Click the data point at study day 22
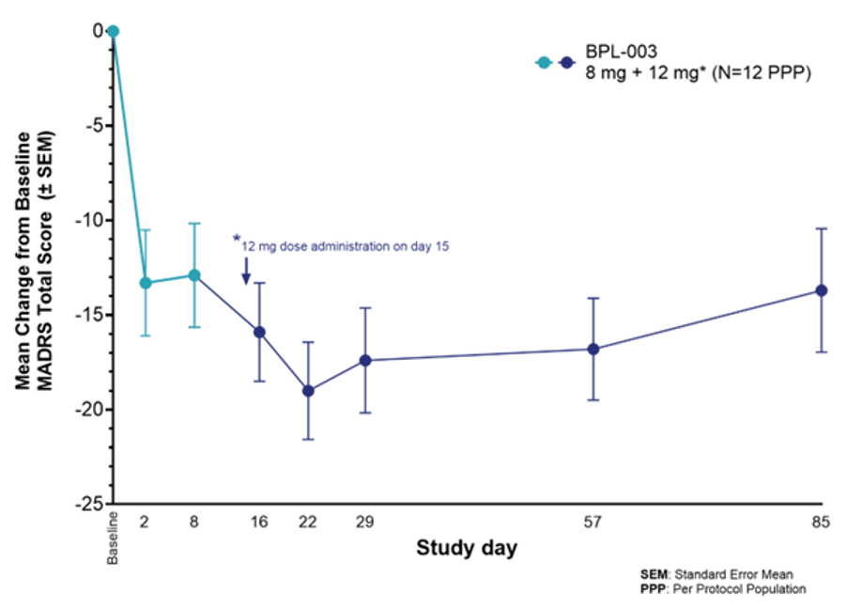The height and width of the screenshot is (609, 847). point(308,390)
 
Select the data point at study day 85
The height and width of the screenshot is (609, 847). point(821,290)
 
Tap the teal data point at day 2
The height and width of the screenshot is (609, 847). point(146,283)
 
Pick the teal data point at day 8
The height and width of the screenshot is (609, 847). point(194,275)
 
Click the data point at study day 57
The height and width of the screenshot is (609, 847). point(593,349)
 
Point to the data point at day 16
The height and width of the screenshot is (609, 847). point(259,332)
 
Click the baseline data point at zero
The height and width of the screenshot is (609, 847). point(113,31)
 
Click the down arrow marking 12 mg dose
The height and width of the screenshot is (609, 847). point(246,273)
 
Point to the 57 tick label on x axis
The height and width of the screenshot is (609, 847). point(593,522)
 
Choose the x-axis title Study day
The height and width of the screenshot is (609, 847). point(466,548)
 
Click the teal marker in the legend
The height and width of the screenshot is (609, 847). point(543,63)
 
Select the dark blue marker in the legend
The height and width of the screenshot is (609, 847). point(565,63)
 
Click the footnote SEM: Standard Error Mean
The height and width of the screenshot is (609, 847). point(723,573)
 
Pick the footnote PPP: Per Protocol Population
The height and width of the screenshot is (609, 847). point(724,588)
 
